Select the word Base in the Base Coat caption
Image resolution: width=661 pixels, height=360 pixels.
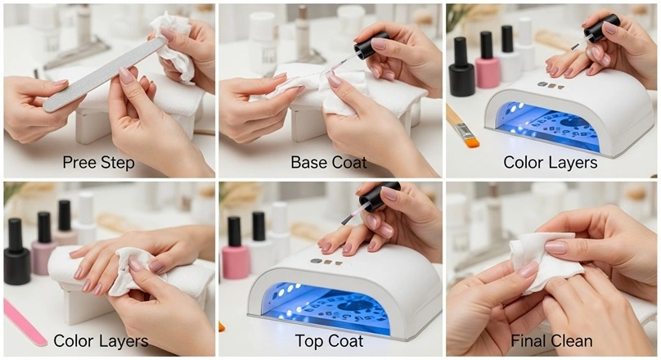(308, 162)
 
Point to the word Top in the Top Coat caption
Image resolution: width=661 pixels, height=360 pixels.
(308, 341)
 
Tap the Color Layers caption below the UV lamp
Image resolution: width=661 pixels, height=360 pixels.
(550, 162)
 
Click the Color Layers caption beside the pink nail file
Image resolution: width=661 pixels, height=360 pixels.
(101, 340)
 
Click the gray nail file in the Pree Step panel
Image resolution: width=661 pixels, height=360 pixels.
(104, 74)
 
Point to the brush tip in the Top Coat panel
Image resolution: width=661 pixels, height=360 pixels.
(348, 219)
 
